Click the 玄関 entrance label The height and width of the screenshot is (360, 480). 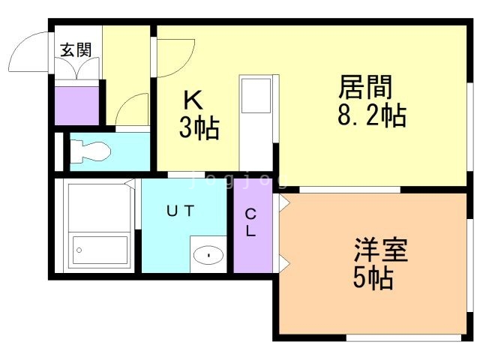(x=76, y=50)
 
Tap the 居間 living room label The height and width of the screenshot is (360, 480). (x=365, y=87)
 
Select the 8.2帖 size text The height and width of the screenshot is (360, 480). (x=372, y=115)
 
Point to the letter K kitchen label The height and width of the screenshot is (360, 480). (x=193, y=100)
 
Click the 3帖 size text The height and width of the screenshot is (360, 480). (x=199, y=128)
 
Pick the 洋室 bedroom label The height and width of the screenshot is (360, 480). (x=381, y=250)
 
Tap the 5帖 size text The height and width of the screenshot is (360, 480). (x=373, y=278)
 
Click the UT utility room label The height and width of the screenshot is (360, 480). (x=180, y=211)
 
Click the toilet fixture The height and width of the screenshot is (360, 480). (x=90, y=151)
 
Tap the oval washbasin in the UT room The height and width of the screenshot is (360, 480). (x=208, y=255)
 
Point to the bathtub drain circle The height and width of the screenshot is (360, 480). (x=79, y=250)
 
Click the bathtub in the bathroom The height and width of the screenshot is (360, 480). (x=100, y=250)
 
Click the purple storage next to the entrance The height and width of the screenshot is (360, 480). (x=76, y=106)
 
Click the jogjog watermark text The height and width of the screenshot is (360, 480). (x=238, y=180)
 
